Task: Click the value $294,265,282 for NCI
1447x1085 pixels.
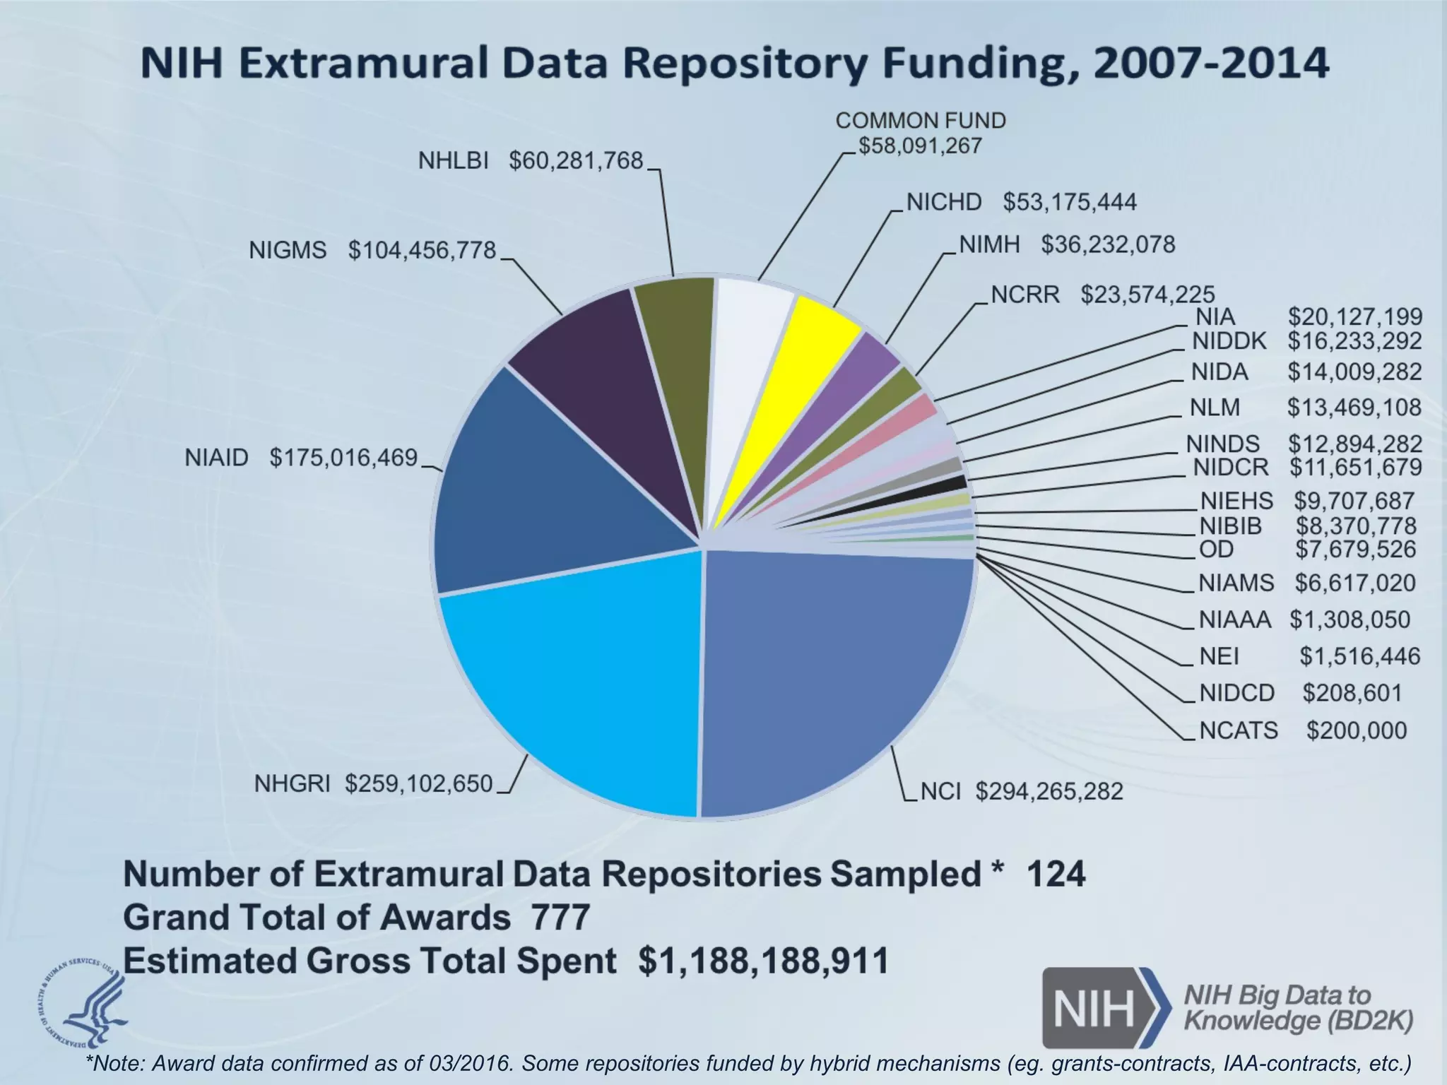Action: (x=1049, y=791)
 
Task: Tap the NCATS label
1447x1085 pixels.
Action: (x=1239, y=730)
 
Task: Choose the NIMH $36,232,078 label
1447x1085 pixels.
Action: (x=1067, y=244)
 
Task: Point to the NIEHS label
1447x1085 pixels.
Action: (x=1236, y=501)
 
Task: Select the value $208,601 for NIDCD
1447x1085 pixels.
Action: (x=1352, y=693)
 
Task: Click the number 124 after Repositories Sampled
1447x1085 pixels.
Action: (x=1055, y=874)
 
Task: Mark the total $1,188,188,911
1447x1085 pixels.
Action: (x=763, y=961)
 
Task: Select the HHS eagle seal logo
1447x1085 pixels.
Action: (x=81, y=1001)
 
